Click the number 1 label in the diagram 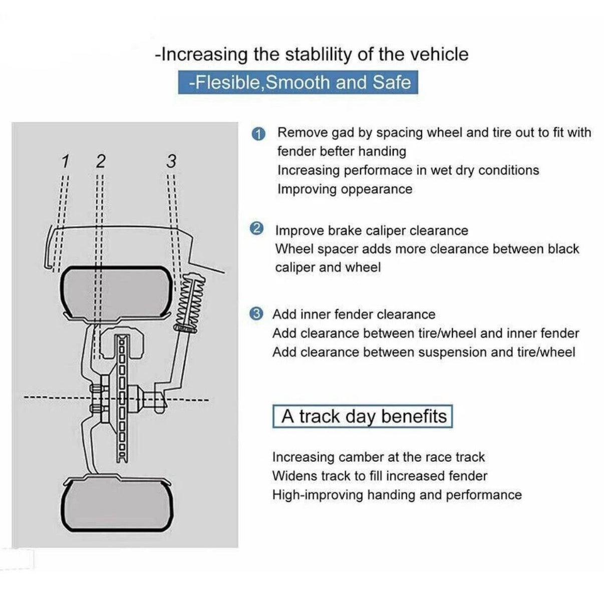point(65,161)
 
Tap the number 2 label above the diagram point(100,161)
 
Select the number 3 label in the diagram point(171,161)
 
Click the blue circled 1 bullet point(258,134)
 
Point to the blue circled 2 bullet point(256,228)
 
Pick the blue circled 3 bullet point(256,314)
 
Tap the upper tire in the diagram point(116,293)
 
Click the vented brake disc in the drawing point(123,398)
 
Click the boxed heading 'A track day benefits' point(363,417)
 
